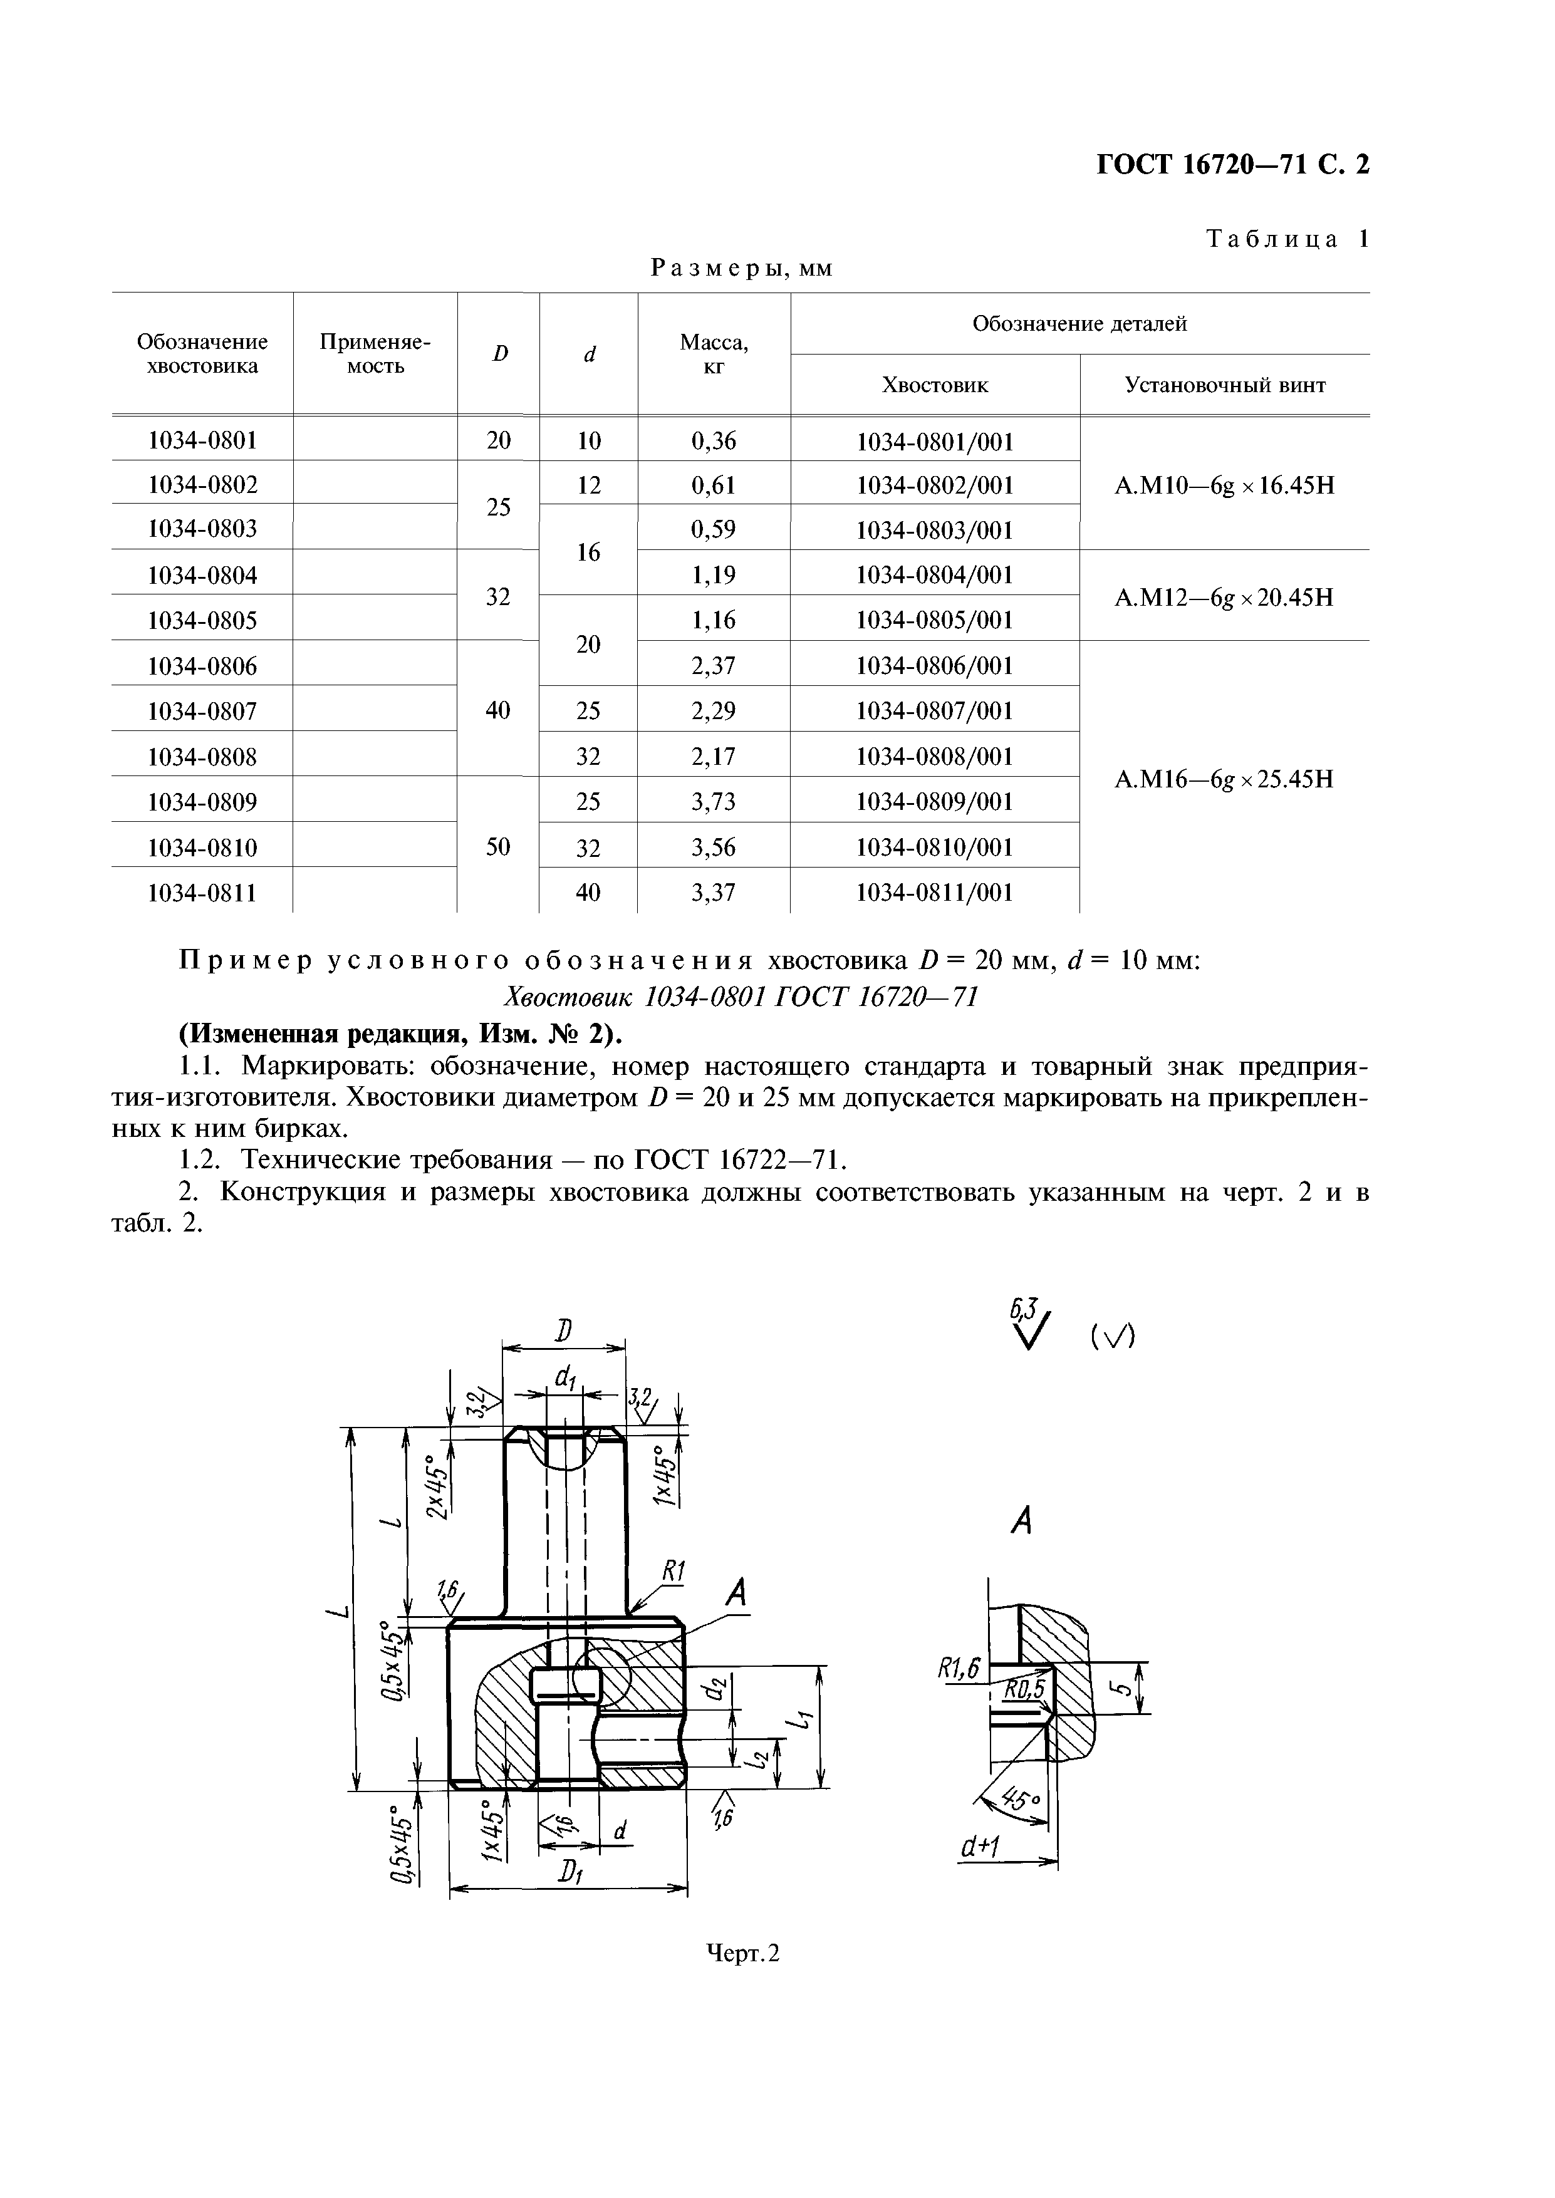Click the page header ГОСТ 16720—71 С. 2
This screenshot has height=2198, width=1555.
pos(1232,165)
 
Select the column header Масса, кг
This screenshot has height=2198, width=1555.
pos(714,353)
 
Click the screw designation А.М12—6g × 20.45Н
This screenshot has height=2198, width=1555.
pos(1224,598)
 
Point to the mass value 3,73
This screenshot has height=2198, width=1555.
pos(714,801)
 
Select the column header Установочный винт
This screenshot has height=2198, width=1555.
pos(1225,386)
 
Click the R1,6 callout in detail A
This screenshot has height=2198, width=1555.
pos(959,1669)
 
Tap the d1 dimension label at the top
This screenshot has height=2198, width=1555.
pos(565,1379)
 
